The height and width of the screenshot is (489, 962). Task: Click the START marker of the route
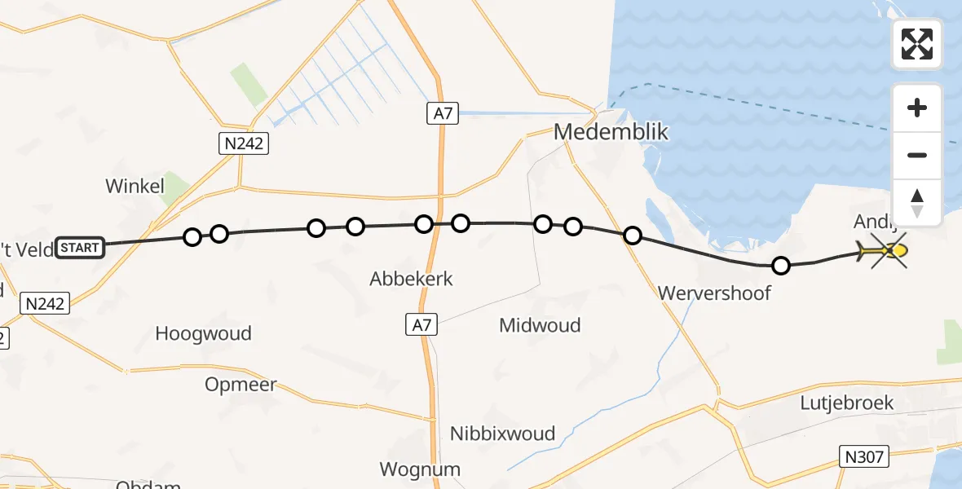pos(80,247)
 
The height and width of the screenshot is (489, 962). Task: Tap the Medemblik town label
pos(611,132)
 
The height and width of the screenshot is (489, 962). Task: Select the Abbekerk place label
pos(411,279)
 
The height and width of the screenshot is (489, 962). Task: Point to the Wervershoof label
pos(714,293)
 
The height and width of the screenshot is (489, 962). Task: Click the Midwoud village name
pos(540,326)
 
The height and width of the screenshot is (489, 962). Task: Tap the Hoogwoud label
pos(203,333)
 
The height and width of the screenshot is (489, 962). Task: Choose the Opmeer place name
pos(241,385)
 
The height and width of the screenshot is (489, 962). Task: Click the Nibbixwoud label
pos(502,434)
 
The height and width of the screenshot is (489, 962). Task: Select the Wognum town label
pos(420,469)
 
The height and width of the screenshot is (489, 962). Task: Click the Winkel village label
pos(135,187)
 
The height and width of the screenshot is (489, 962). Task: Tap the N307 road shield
pos(863,456)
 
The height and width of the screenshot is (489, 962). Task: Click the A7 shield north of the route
pos(443,114)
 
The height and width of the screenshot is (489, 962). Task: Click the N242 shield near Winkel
pos(245,144)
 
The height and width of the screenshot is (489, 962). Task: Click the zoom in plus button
pos(917,108)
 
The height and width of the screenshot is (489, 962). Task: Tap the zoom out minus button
pos(917,155)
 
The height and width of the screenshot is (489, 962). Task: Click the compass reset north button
pos(917,202)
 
